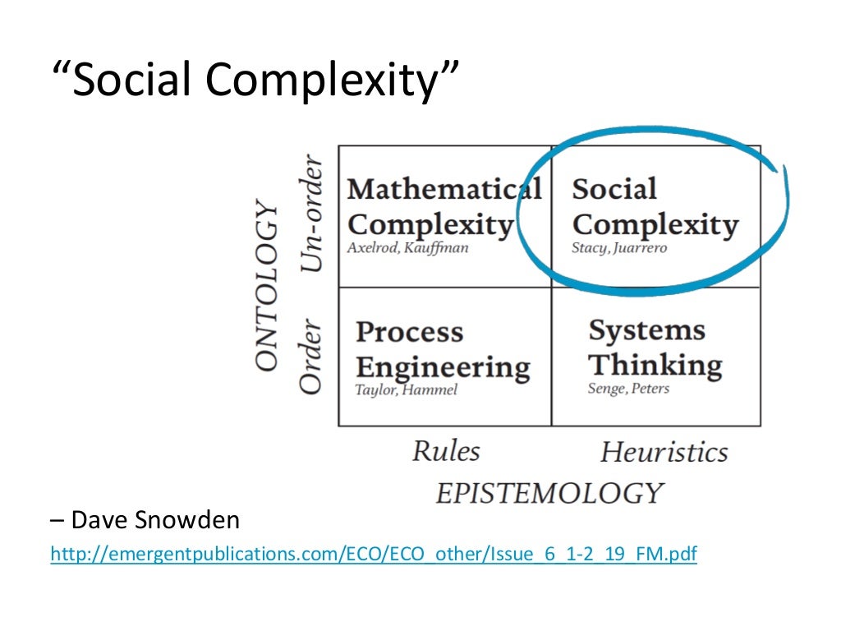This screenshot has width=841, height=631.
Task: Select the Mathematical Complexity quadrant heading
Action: [x=443, y=206]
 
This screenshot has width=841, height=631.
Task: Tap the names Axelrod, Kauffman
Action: [x=407, y=247]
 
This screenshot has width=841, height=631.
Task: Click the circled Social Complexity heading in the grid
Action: [x=655, y=206]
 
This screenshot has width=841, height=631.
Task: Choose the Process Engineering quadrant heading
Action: [x=443, y=349]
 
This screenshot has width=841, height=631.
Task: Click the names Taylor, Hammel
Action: [x=406, y=390]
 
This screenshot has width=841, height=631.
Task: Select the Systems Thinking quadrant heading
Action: [x=655, y=348]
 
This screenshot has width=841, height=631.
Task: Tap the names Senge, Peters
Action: [x=628, y=389]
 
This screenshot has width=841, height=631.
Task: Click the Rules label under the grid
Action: [x=445, y=450]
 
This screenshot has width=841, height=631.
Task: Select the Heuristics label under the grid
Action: [x=664, y=452]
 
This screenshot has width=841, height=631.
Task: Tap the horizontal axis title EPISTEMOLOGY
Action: [x=549, y=493]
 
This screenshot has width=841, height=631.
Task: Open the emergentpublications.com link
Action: [x=374, y=555]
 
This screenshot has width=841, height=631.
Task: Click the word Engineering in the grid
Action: [x=443, y=366]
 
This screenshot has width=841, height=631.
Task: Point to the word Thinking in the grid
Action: [x=655, y=365]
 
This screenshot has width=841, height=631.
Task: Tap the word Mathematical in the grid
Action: [x=443, y=189]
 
